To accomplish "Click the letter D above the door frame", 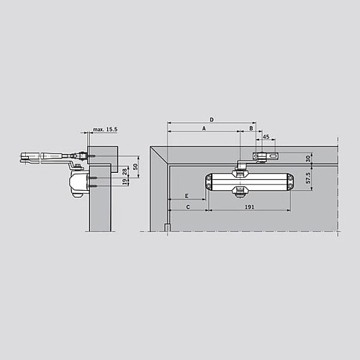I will pos(211,118).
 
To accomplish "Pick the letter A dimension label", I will pos(204,127).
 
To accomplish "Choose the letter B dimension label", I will pos(251,127).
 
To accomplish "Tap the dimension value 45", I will pos(266,136).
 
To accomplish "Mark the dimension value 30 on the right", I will pos(309,158).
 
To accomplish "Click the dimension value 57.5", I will pos(309,178).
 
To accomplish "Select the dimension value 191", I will pos(249,207).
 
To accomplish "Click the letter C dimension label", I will pos(188,207).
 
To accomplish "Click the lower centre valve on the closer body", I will pos(240,193).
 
